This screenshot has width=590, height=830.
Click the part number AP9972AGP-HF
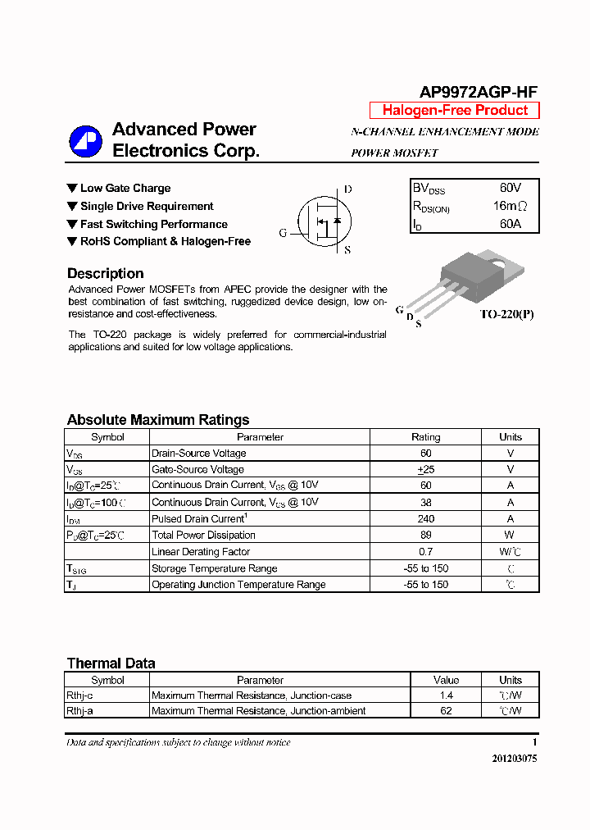(x=479, y=93)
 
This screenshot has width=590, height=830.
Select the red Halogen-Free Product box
(x=455, y=111)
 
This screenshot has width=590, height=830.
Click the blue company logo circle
(x=85, y=141)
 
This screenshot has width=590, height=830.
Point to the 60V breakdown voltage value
(x=510, y=188)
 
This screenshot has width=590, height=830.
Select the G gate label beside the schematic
(x=283, y=233)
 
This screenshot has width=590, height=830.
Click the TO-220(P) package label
(x=506, y=314)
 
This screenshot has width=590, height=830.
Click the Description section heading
(x=105, y=274)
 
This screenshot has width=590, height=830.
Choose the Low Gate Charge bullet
(x=125, y=188)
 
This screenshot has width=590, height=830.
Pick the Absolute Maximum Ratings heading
(x=157, y=420)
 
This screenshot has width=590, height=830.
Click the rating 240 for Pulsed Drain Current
(x=425, y=519)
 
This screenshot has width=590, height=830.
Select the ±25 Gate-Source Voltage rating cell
(x=425, y=470)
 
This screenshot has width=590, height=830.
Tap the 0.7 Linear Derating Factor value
(x=425, y=552)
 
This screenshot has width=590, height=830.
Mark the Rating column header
(x=425, y=437)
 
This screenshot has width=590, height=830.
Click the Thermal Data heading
(x=111, y=664)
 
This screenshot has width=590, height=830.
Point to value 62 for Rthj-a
(x=446, y=711)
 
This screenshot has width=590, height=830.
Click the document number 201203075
(x=514, y=759)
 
